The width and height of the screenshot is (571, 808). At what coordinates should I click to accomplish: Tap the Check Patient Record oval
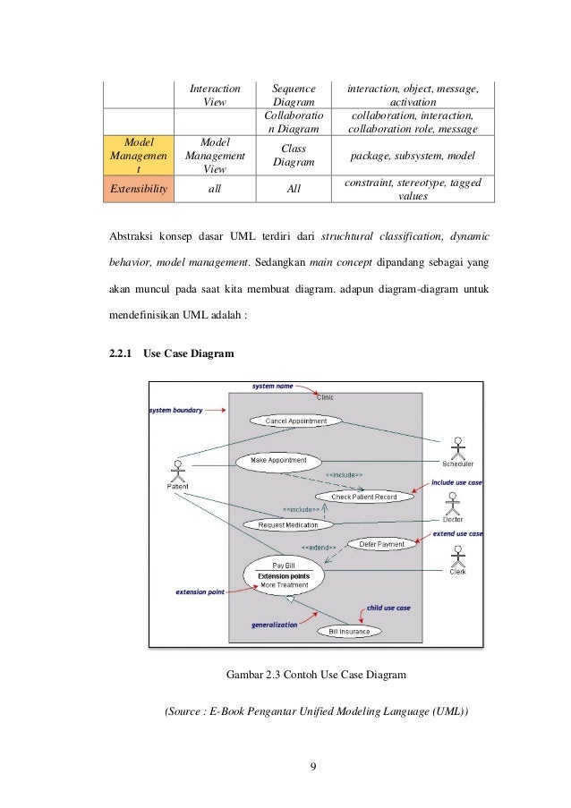[363, 496]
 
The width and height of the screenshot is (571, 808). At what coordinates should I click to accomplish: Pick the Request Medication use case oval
[288, 524]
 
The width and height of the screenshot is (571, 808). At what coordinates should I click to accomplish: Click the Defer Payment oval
[381, 543]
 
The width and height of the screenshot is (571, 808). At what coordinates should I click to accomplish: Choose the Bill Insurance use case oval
[349, 631]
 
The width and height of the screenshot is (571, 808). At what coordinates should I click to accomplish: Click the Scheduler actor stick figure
[457, 447]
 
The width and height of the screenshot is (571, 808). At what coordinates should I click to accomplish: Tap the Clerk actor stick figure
[457, 558]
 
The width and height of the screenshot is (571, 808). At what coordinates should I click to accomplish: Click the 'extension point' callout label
[201, 591]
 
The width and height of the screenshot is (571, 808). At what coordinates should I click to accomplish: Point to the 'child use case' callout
[386, 608]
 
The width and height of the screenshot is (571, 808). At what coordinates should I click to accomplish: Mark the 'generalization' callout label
[274, 625]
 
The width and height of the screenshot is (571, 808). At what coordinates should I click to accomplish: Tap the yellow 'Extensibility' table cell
[137, 190]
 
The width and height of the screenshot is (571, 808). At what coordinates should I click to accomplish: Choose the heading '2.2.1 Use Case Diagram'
[171, 353]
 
